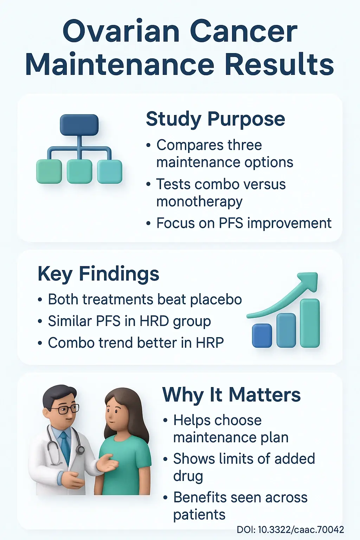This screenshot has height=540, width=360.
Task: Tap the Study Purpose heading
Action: (216, 119)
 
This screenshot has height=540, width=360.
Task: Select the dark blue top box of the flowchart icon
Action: (79, 125)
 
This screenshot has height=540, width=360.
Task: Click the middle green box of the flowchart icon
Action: (79, 172)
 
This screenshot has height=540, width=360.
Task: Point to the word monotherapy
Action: (199, 202)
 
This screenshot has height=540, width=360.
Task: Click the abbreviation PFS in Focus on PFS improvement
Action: (231, 223)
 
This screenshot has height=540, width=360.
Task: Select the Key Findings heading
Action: (98, 274)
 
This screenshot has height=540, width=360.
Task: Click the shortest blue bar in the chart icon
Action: (262, 335)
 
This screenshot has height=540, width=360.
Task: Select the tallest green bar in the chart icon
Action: (310, 323)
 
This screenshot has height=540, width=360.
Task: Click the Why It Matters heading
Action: (231, 395)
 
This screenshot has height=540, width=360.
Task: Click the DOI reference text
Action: (290, 529)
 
